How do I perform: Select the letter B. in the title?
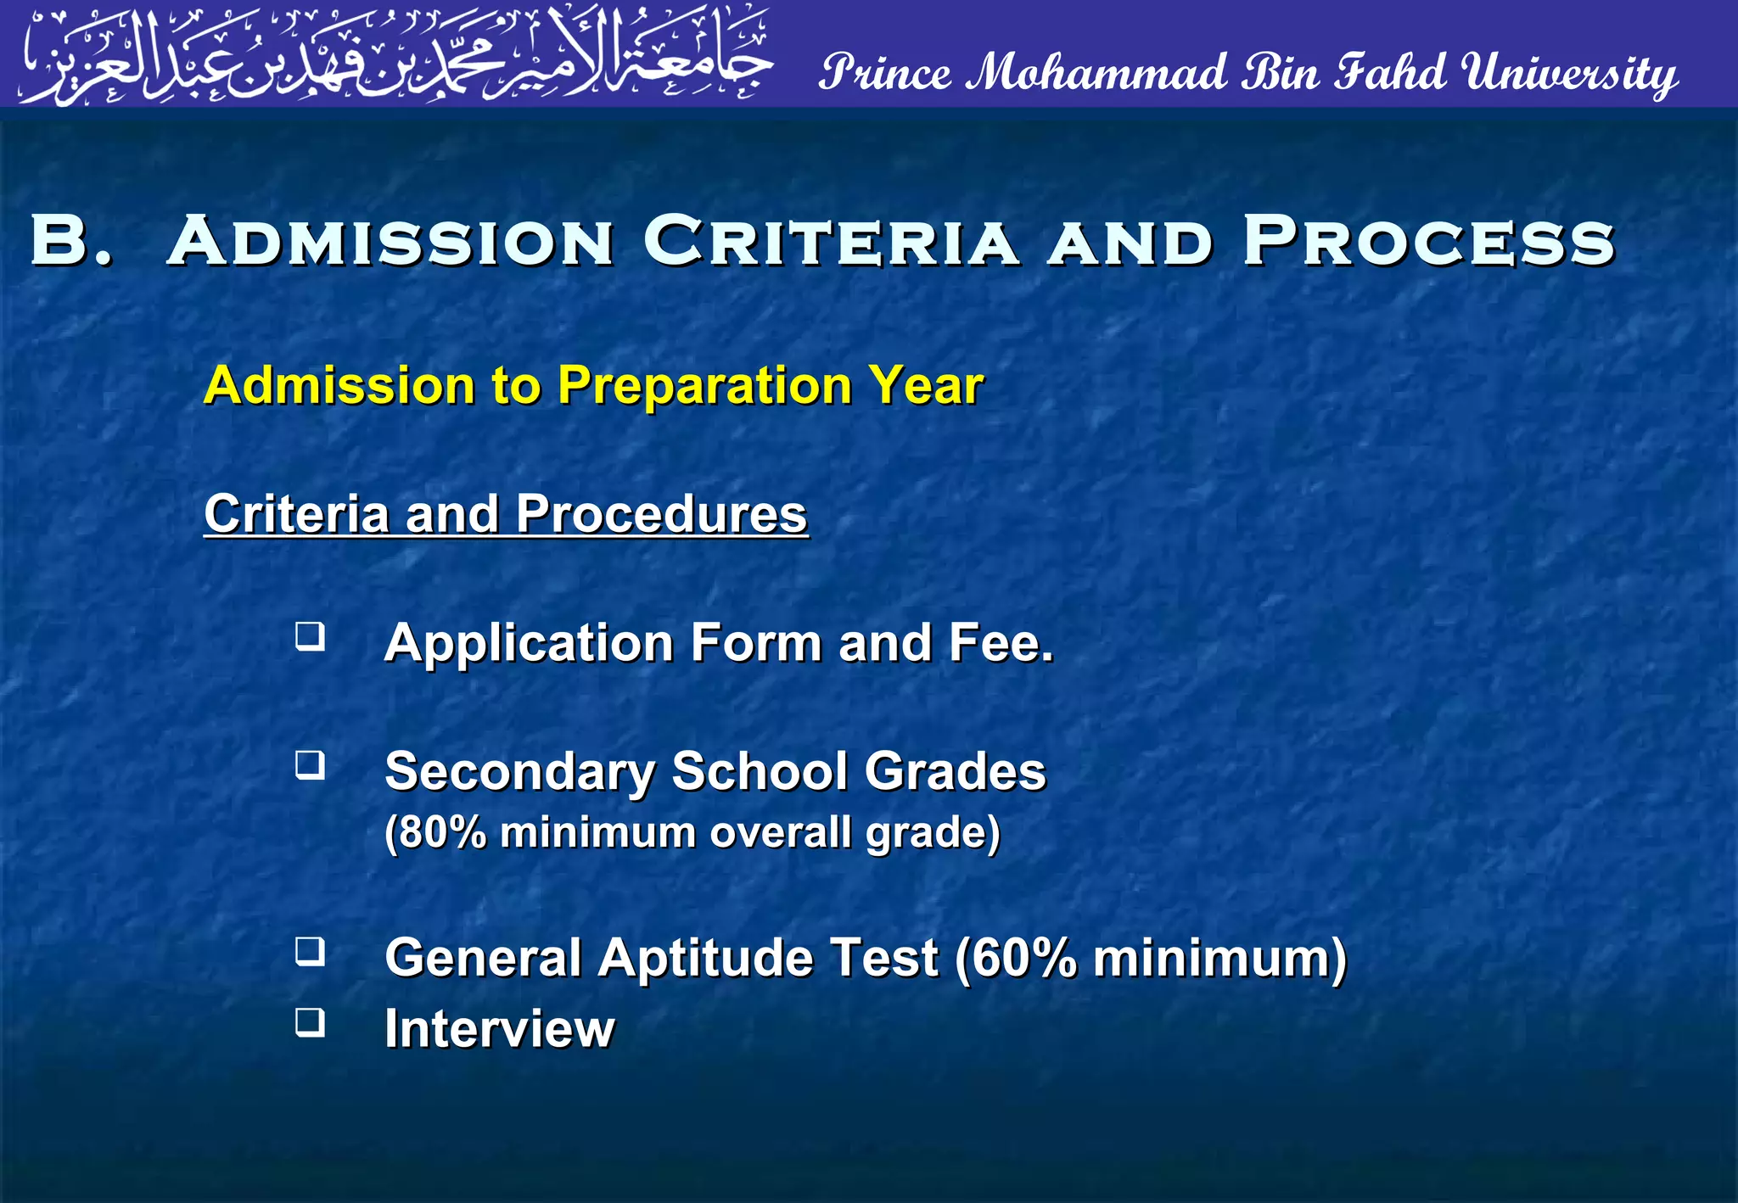pos(71,241)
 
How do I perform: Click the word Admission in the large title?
pos(391,241)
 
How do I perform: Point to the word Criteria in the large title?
pos(831,241)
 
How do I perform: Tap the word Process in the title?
pos(1429,241)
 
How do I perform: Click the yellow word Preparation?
pos(704,386)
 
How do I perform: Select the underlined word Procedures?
pos(661,514)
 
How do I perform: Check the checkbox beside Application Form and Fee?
pos(310,636)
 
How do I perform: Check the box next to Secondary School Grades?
pos(310,765)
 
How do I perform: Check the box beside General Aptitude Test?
pos(310,952)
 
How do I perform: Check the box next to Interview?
pos(310,1022)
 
